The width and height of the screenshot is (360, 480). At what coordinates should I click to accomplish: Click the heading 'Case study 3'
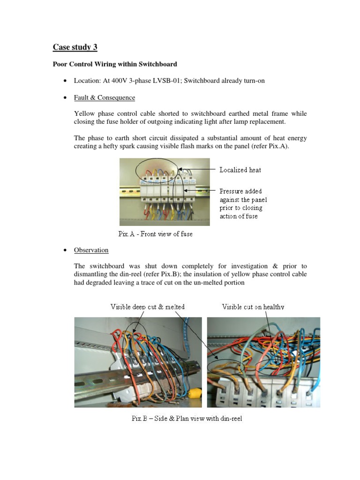click(75, 47)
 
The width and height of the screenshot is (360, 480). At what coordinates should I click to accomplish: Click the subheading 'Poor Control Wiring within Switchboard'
click(115, 64)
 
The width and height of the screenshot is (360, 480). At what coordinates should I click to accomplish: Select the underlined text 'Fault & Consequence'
click(104, 98)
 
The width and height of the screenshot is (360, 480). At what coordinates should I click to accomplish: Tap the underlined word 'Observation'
click(91, 250)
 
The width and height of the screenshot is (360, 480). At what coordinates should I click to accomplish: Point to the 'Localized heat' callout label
click(240, 170)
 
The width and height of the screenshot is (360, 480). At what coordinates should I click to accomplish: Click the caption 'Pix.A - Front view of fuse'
click(155, 234)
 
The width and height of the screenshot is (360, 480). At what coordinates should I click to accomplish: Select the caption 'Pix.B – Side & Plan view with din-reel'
click(187, 419)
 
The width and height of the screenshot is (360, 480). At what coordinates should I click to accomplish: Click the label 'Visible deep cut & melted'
click(147, 307)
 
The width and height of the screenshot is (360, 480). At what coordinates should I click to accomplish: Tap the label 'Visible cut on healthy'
click(253, 307)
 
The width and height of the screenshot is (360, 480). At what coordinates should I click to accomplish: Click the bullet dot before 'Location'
click(64, 81)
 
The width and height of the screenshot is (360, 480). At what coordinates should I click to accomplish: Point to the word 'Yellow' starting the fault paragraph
click(84, 113)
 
